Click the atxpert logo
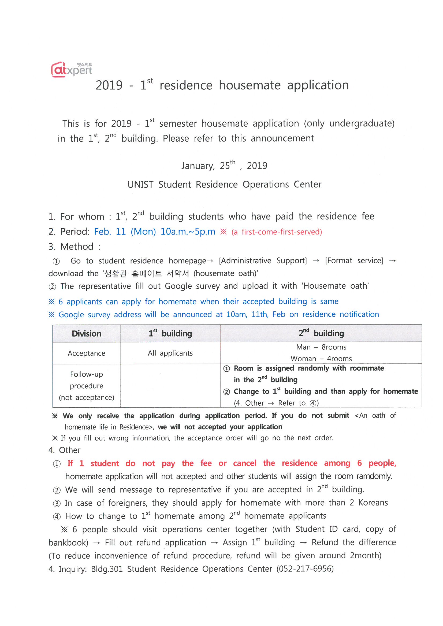click(72, 70)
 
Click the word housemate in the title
click(250, 85)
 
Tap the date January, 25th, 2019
click(224, 165)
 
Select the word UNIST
click(140, 184)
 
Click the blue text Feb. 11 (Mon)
click(125, 232)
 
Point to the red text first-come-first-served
click(281, 232)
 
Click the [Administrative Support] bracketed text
click(263, 261)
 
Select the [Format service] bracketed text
click(354, 261)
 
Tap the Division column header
click(86, 334)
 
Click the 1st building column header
click(170, 333)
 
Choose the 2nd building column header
click(321, 333)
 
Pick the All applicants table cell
click(170, 353)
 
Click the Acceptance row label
click(86, 353)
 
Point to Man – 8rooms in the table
click(321, 347)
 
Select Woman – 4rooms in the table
click(321, 359)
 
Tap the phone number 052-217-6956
click(305, 569)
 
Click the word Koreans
click(373, 503)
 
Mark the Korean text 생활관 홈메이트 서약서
click(147, 273)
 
